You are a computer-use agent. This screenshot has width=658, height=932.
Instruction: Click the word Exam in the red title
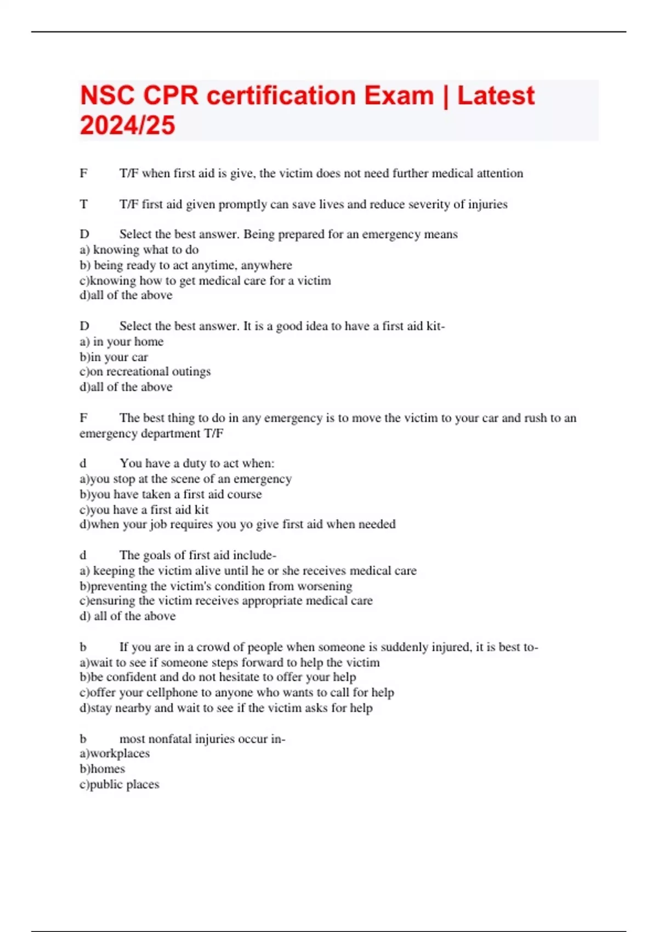click(x=399, y=96)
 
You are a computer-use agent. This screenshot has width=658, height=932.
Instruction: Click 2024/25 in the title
click(x=127, y=126)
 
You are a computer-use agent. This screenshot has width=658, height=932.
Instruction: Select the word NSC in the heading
click(x=107, y=96)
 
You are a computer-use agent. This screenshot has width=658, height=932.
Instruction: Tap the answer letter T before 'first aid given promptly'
click(x=83, y=204)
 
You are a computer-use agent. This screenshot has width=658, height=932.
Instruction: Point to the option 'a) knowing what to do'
click(x=139, y=250)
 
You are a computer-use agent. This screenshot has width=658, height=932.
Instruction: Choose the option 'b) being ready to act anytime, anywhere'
click(x=186, y=265)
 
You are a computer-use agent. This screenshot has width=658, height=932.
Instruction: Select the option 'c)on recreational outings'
click(x=145, y=372)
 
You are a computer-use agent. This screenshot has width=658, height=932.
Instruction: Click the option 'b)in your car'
click(x=114, y=357)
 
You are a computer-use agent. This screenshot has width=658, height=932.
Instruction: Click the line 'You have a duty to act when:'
click(x=197, y=463)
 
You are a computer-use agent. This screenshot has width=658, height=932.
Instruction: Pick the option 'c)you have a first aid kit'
click(x=144, y=509)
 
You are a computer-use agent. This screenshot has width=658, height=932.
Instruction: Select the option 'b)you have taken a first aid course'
click(x=171, y=494)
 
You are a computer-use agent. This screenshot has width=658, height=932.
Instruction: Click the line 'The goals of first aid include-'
click(x=197, y=555)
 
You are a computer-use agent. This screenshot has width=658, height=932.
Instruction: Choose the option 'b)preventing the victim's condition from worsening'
click(x=215, y=586)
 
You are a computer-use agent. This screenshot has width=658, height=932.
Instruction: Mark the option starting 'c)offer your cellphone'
click(x=236, y=692)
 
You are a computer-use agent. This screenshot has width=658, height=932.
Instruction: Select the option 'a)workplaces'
click(x=115, y=753)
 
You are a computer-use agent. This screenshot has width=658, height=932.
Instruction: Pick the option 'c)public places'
click(x=119, y=785)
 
